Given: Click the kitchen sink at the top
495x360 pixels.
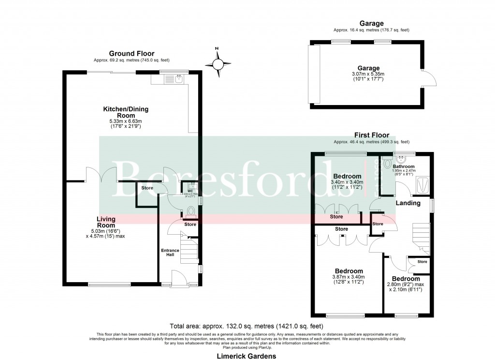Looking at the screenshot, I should pos(179,77).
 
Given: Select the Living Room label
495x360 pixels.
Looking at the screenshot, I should pos(106,222).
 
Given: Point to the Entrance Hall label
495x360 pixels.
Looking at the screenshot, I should pos(170,253).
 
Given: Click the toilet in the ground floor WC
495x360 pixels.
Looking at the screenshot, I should pos(190,211).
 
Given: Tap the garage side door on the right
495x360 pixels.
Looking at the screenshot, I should pos(427,77).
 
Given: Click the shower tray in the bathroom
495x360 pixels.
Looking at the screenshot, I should pos(423,183).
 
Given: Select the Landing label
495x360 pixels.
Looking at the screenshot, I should pos(408,203).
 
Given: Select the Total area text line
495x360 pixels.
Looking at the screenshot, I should pos(247,326).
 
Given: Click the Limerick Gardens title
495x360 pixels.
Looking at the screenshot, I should pos(247,356).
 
